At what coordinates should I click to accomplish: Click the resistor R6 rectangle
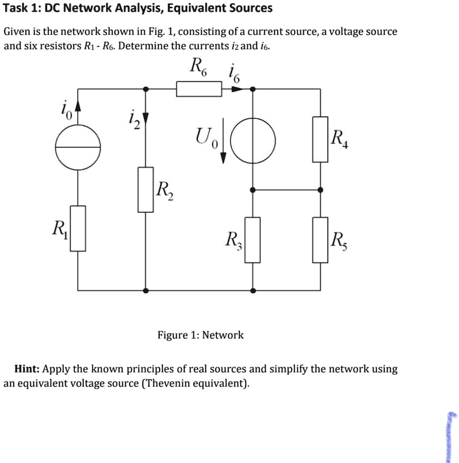point(199,89)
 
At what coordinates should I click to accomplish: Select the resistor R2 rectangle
point(146,190)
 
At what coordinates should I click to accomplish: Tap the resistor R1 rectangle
point(79,228)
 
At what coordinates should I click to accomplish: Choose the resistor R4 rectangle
point(320,139)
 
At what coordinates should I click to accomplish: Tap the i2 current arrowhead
point(146,117)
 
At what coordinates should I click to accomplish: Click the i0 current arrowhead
point(79,109)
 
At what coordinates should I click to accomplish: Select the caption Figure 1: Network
point(201,335)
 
